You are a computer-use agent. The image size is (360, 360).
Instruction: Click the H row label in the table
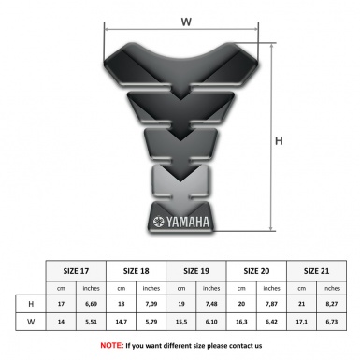click(x=31, y=304)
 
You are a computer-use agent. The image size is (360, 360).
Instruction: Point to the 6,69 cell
click(x=92, y=304)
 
